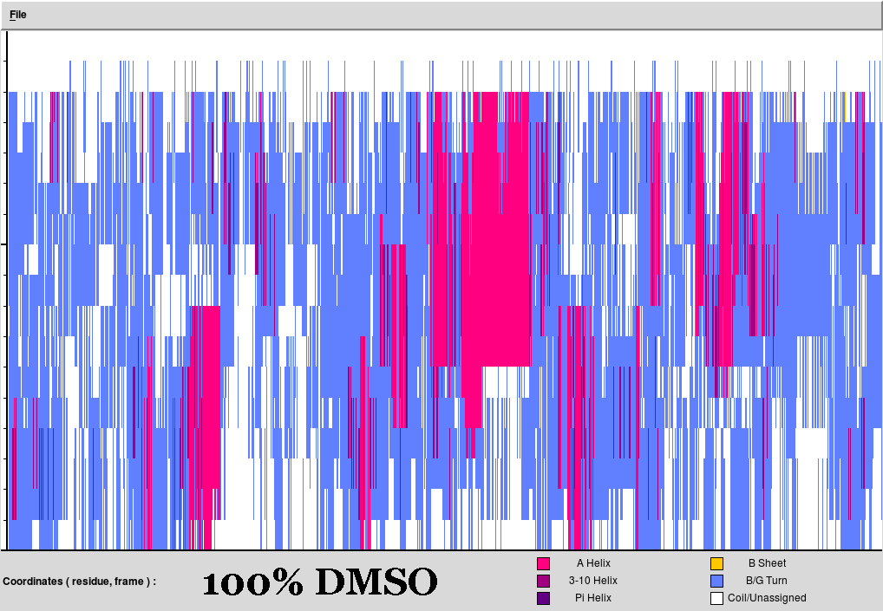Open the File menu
click(x=18, y=15)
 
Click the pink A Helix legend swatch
click(x=544, y=563)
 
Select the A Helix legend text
click(x=593, y=563)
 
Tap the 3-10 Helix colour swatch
click(x=544, y=581)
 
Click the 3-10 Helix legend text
click(x=593, y=581)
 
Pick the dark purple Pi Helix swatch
click(x=544, y=598)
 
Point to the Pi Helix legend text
click(x=593, y=598)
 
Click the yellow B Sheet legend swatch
click(x=716, y=563)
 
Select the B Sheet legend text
click(x=767, y=563)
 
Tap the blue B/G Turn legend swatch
click(x=716, y=581)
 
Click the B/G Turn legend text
click(x=767, y=581)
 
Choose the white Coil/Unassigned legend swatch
click(x=716, y=598)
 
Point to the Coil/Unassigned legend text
click(x=767, y=598)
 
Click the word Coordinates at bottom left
click(x=34, y=582)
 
